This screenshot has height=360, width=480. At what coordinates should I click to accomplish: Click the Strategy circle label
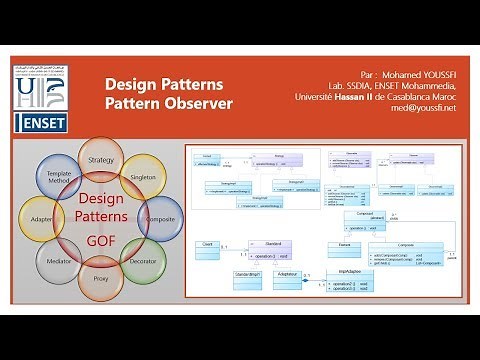[101, 160]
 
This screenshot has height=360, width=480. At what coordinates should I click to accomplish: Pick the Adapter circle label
[41, 218]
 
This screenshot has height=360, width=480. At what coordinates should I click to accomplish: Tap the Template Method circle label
[58, 178]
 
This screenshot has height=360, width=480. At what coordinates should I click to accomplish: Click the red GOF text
[100, 240]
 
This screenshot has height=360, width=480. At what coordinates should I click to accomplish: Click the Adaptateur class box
[289, 273]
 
